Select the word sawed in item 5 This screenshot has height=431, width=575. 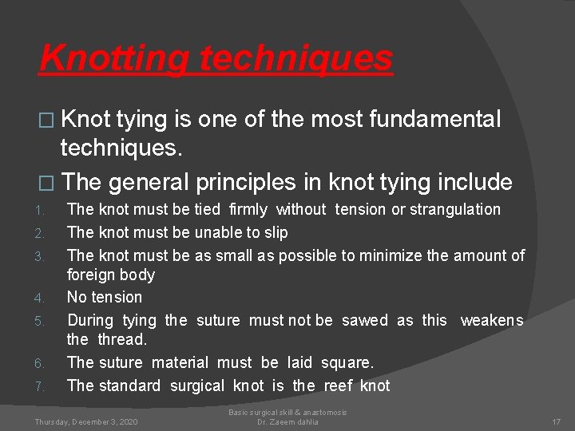click(x=364, y=320)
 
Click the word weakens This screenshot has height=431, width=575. click(x=492, y=320)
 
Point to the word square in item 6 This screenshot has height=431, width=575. click(x=347, y=362)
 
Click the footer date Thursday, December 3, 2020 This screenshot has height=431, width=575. click(x=85, y=421)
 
